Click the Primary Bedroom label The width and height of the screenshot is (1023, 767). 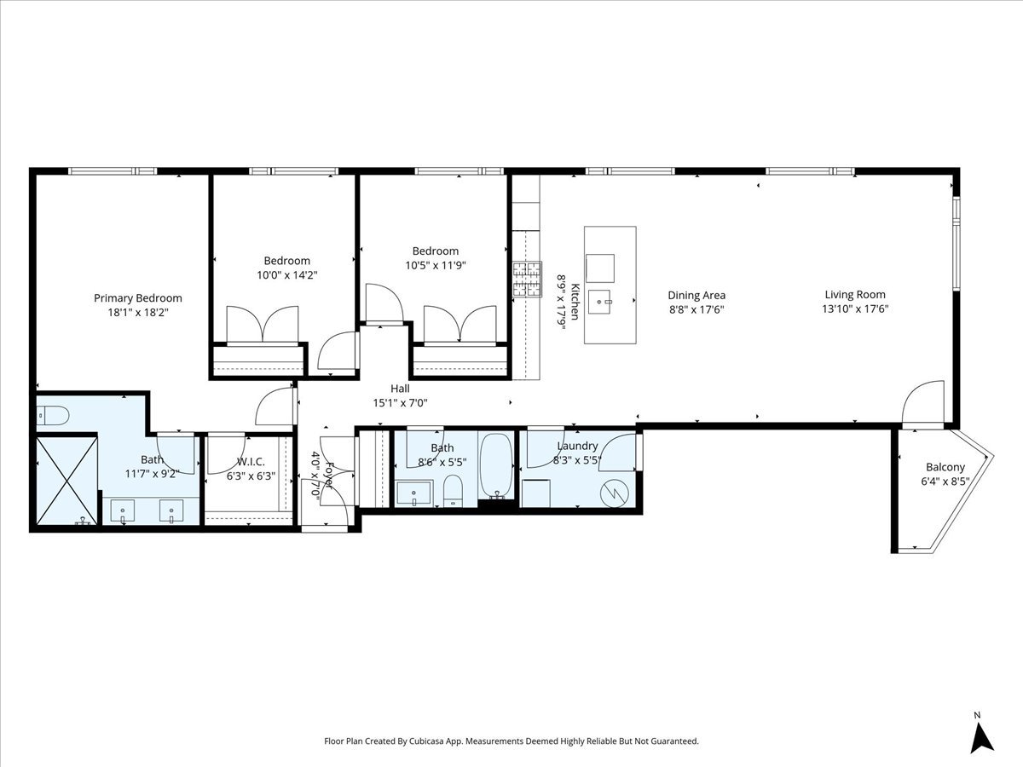(x=137, y=298)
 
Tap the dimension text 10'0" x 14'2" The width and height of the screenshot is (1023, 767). (x=286, y=275)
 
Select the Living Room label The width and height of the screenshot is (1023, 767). (x=854, y=295)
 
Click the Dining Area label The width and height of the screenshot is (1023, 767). (x=696, y=296)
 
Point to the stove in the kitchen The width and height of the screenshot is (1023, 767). (x=527, y=280)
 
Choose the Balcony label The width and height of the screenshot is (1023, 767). (x=945, y=467)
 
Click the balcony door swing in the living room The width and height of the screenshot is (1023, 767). (x=922, y=402)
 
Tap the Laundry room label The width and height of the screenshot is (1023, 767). (x=577, y=446)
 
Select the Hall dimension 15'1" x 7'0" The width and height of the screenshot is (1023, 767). (x=400, y=403)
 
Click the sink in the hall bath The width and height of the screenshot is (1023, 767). (x=414, y=493)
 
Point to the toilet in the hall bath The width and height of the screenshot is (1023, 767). (x=453, y=492)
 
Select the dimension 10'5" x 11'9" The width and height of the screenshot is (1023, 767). (x=435, y=265)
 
